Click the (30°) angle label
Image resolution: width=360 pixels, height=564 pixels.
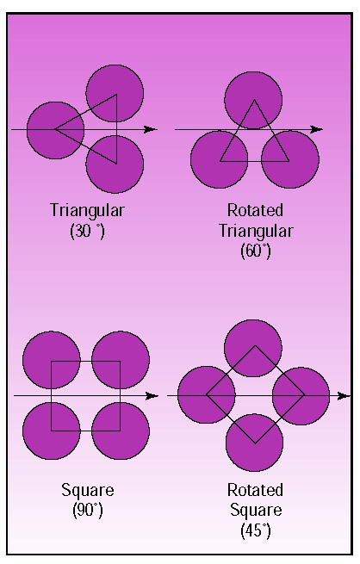[x=87, y=231]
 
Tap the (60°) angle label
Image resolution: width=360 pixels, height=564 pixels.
[x=255, y=251]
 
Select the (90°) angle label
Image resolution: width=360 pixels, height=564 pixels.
[x=88, y=510]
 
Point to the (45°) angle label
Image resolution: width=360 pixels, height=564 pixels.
[x=255, y=530]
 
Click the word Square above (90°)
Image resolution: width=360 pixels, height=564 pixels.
[x=88, y=491]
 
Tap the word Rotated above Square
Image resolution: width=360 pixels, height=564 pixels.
[x=255, y=490]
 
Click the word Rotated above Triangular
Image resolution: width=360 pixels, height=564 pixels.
[x=255, y=210]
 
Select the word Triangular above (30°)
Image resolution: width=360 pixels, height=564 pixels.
[x=87, y=211]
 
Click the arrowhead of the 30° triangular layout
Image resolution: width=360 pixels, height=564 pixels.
[x=151, y=129]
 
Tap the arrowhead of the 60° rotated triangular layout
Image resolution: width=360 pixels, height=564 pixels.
[x=316, y=129]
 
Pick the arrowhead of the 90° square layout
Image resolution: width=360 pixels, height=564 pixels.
[x=152, y=396]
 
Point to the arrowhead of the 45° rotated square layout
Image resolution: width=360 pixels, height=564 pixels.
[x=344, y=396]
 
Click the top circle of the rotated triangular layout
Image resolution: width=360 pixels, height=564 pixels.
[x=253, y=101]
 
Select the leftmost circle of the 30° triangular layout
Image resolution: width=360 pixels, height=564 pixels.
[x=55, y=130]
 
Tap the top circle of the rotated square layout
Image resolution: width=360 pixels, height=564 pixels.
[x=253, y=348]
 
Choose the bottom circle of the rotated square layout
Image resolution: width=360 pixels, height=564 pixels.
[x=255, y=443]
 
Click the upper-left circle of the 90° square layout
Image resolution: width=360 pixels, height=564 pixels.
[x=52, y=360]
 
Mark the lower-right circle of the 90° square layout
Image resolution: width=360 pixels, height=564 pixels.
[x=121, y=431]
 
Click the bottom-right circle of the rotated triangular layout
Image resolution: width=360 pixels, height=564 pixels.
[x=290, y=159]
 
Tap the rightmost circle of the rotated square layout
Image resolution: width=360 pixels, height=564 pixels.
[x=301, y=396]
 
